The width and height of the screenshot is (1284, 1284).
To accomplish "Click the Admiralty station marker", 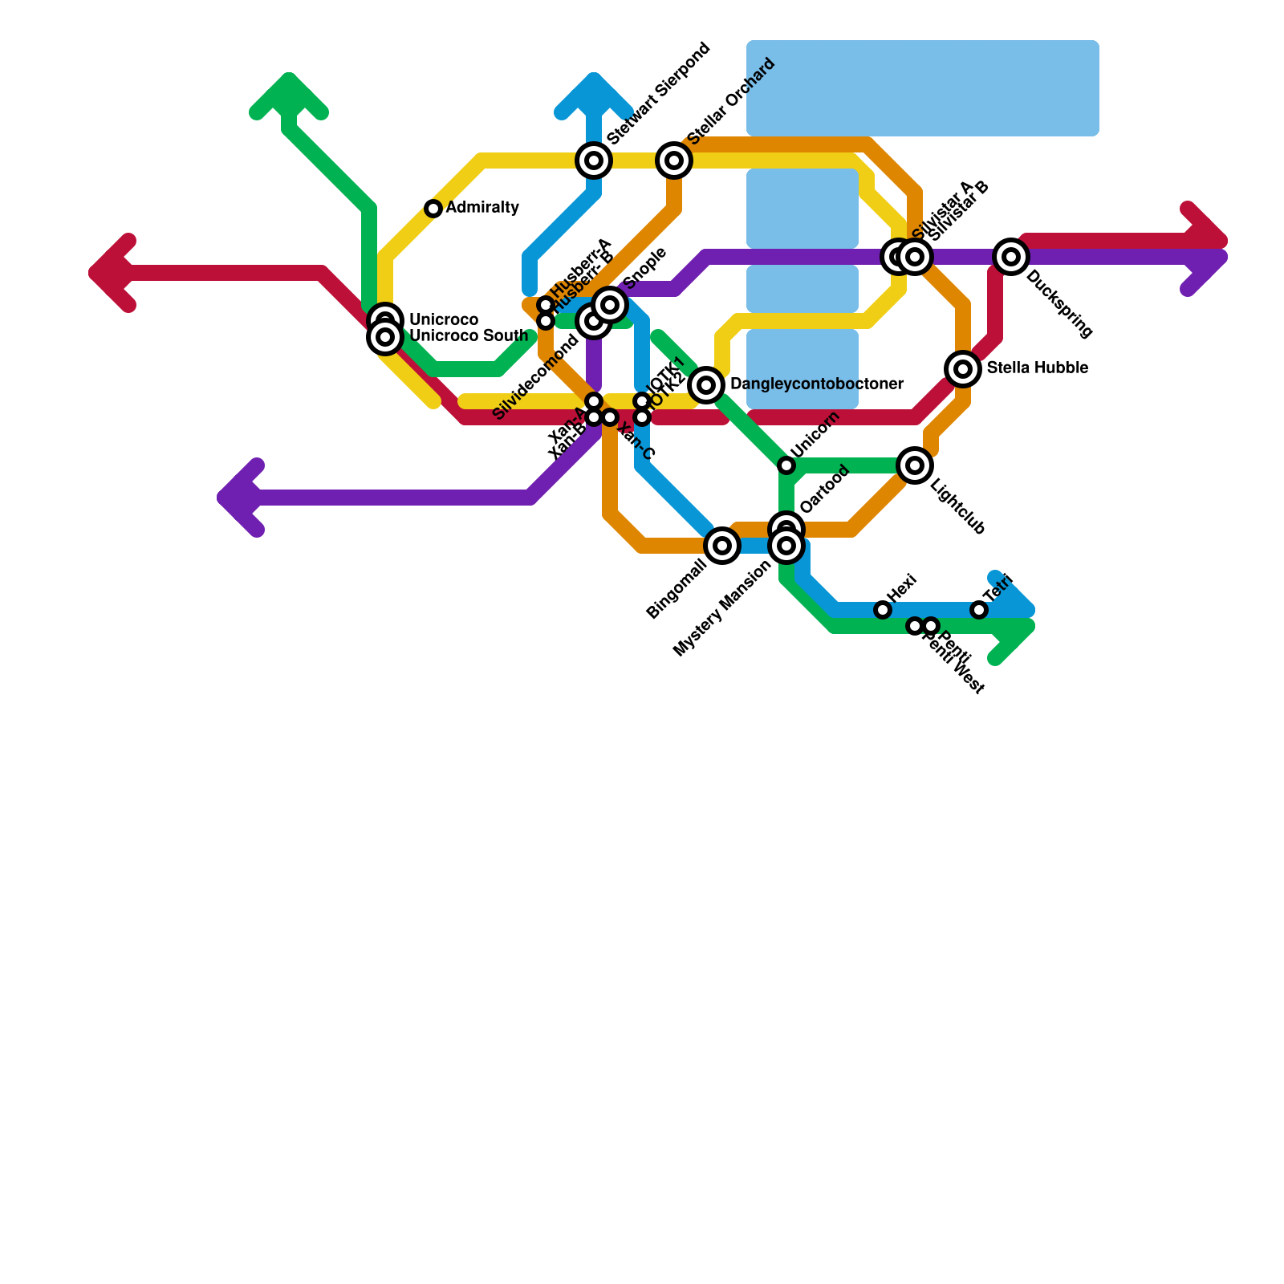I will (x=433, y=209).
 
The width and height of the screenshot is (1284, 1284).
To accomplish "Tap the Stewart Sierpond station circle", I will (x=594, y=160).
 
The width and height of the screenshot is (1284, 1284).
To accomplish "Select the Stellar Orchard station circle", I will (x=674, y=160).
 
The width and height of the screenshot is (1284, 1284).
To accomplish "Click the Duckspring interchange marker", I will (x=1011, y=257).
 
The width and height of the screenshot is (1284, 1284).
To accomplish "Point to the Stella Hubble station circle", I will (x=963, y=369).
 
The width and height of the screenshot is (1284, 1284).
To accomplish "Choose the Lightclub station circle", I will (x=915, y=465).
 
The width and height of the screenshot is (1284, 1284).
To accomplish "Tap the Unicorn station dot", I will (x=786, y=465).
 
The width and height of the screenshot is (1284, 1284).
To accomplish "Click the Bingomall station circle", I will (x=722, y=546).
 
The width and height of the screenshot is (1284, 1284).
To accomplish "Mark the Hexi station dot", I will (x=883, y=610).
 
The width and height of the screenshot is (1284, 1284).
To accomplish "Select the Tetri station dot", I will (x=979, y=610).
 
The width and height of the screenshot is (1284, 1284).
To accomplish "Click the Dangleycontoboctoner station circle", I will (x=706, y=385).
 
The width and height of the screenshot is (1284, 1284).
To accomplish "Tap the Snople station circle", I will (x=610, y=305).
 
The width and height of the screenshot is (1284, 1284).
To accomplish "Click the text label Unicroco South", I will (x=469, y=336).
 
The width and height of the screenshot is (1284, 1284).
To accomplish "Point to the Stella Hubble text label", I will (x=1037, y=368).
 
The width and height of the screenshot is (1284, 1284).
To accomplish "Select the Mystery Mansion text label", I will (x=721, y=609).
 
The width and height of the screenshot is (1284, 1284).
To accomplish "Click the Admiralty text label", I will (x=482, y=208).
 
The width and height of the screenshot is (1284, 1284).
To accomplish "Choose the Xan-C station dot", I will (x=610, y=417).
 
